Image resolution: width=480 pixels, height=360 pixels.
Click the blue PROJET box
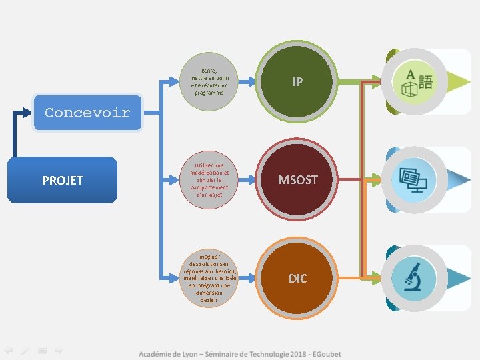point(62,180)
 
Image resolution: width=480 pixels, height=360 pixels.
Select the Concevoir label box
point(87,113)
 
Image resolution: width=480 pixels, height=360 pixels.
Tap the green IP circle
point(297,81)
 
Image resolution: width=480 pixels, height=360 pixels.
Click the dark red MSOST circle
point(297,180)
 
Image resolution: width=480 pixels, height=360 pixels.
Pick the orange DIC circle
point(297,278)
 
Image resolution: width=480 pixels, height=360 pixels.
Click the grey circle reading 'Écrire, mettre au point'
point(209,81)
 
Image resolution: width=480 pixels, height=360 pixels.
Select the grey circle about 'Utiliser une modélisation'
point(209,180)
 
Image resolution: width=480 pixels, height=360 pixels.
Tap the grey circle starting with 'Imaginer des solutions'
point(209,278)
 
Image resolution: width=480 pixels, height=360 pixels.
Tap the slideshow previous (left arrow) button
point(9,349)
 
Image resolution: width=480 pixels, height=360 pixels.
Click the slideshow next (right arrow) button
point(59,349)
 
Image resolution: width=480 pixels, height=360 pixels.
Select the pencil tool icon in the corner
point(25,349)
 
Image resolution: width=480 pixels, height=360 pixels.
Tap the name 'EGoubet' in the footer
point(327,353)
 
